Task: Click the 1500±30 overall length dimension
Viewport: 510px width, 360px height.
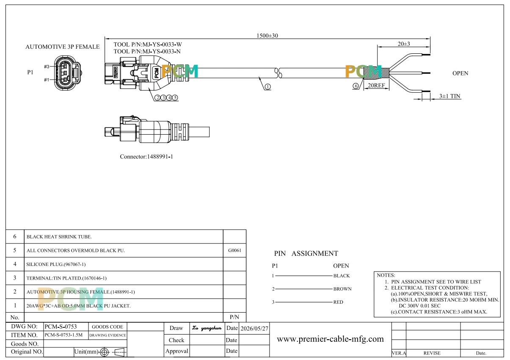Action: [x=267, y=36]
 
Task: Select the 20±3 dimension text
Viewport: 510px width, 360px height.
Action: [x=404, y=44]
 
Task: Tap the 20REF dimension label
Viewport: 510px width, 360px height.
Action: [x=376, y=86]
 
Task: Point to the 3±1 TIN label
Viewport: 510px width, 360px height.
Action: [x=449, y=96]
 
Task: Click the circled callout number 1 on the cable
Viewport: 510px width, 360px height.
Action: [x=268, y=87]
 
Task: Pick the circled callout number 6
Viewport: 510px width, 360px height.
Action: [x=356, y=86]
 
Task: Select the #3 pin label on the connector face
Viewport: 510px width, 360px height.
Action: [x=47, y=66]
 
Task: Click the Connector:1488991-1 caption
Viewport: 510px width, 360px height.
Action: [x=146, y=157]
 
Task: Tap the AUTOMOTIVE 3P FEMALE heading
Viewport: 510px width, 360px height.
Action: [x=63, y=47]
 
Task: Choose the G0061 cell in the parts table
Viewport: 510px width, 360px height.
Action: [x=234, y=250]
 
